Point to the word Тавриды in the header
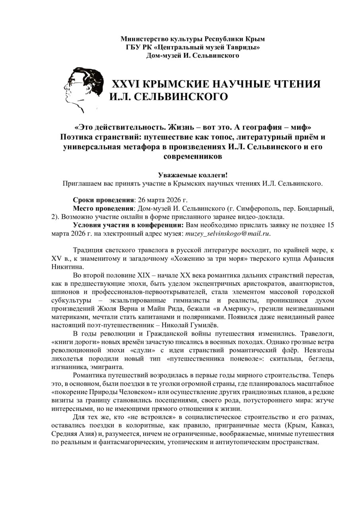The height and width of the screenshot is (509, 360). pyautogui.click(x=242, y=47)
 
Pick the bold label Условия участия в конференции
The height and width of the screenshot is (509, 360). pyautogui.click(x=127, y=225)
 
